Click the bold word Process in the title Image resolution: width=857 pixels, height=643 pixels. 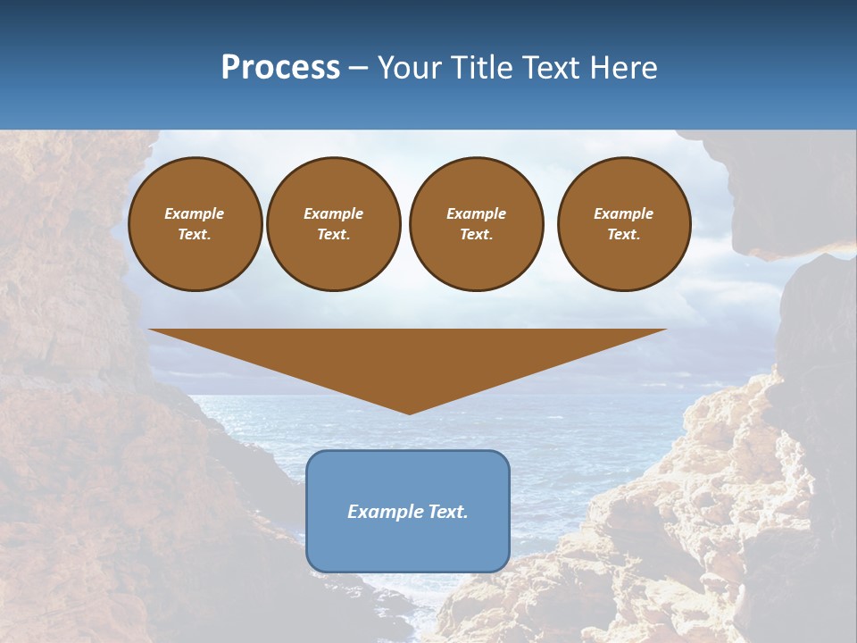280,68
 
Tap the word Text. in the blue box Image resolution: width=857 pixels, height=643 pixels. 446,512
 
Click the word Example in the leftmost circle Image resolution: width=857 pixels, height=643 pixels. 195,213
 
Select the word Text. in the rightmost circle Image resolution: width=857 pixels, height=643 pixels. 623,234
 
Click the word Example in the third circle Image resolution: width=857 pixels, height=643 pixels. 476,213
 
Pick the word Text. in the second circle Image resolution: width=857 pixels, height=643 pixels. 333,234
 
